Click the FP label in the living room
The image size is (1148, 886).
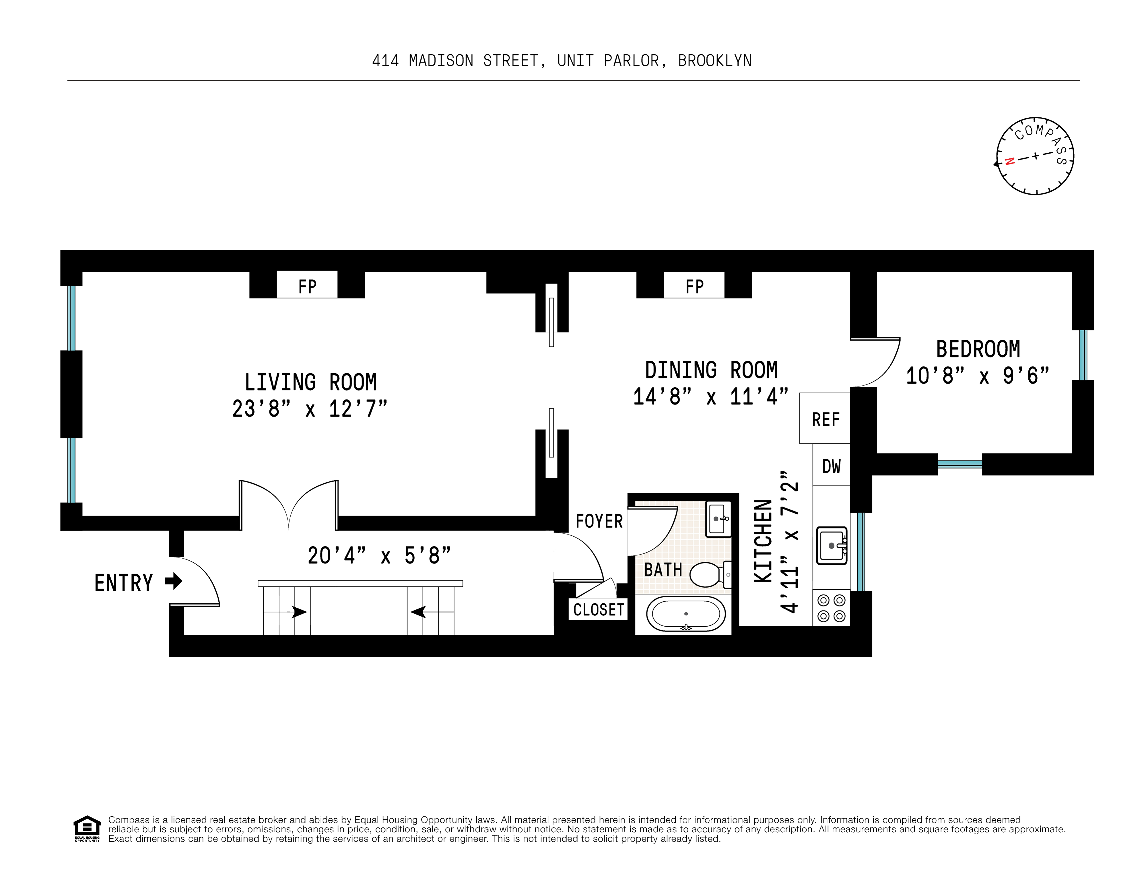[307, 286]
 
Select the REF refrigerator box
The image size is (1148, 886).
[825, 419]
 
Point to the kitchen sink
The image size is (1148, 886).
[831, 545]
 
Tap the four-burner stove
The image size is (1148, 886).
[831, 608]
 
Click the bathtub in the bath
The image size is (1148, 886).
[685, 614]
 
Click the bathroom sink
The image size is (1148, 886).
[718, 519]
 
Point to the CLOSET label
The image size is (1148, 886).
[598, 610]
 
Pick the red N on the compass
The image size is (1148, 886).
[1009, 161]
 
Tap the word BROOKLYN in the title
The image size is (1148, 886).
[714, 61]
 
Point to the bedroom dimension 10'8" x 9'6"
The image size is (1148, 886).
[977, 376]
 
